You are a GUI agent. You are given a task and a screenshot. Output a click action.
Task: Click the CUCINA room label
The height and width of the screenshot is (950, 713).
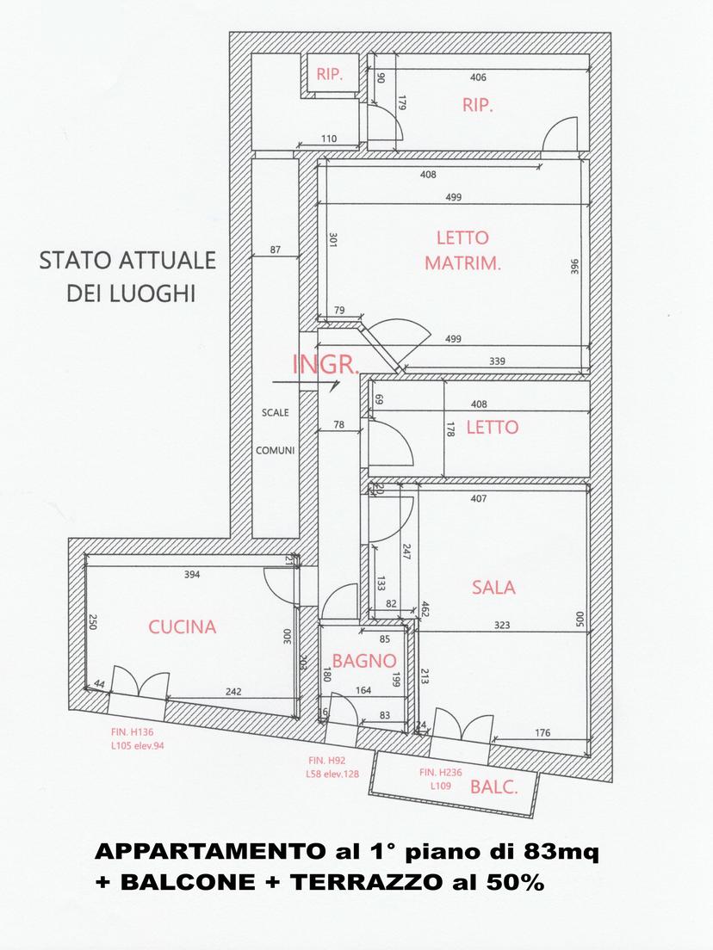pyautogui.click(x=182, y=627)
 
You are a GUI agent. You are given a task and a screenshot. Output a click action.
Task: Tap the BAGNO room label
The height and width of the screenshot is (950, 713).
pyautogui.click(x=364, y=661)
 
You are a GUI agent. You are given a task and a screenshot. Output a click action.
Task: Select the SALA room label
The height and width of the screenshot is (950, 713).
pyautogui.click(x=493, y=587)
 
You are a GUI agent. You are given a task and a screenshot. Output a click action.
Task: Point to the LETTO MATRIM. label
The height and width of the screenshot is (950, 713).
pyautogui.click(x=462, y=250)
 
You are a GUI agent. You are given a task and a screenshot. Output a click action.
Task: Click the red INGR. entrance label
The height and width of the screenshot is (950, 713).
pyautogui.click(x=326, y=365)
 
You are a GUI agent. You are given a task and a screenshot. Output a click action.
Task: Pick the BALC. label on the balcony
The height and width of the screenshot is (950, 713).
pyautogui.click(x=494, y=787)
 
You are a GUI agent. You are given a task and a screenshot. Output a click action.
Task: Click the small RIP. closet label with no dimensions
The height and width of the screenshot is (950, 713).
pyautogui.click(x=329, y=75)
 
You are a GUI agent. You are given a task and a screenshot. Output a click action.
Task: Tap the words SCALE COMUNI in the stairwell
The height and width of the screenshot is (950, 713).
pyautogui.click(x=276, y=431)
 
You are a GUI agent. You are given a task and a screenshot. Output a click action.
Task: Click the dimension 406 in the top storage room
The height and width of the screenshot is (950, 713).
pyautogui.click(x=479, y=77)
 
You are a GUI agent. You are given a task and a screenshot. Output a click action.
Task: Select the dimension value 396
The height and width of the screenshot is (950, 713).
pyautogui.click(x=574, y=267)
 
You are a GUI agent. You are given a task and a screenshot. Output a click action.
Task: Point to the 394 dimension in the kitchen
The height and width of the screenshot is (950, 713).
pyautogui.click(x=192, y=574)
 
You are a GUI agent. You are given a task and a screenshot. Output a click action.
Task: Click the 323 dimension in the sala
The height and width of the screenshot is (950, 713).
pyautogui.click(x=502, y=626)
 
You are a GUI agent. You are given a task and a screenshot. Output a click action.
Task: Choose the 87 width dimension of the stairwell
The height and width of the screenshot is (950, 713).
pyautogui.click(x=276, y=250)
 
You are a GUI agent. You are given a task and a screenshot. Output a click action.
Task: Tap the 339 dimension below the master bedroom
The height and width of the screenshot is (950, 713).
pyautogui.click(x=497, y=361)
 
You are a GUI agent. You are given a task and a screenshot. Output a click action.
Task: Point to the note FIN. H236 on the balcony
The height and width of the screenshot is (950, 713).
pyautogui.click(x=441, y=773)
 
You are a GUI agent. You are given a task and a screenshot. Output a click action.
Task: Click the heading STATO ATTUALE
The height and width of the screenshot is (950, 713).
pyautogui.click(x=128, y=261)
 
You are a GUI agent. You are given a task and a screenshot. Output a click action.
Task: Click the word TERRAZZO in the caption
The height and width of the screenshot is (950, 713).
pyautogui.click(x=367, y=883)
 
